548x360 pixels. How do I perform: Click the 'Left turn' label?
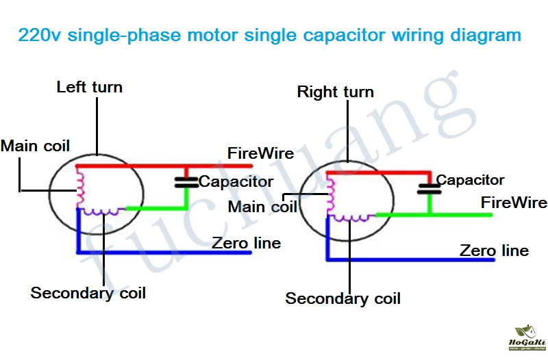89,87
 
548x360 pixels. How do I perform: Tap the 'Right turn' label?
335,92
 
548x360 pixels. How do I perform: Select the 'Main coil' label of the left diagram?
35,146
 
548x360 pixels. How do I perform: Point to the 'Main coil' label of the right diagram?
262,206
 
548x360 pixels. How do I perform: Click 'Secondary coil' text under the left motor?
88,293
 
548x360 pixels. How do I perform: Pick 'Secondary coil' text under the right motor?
342,298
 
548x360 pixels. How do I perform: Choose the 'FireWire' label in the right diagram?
514,203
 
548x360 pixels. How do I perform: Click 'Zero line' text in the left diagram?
246,243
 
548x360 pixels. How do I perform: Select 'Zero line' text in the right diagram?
494,250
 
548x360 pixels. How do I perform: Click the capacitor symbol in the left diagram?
186,181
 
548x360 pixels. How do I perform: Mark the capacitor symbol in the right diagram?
429,188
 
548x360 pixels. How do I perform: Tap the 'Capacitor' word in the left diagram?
236,182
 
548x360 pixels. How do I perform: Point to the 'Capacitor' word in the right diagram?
470,180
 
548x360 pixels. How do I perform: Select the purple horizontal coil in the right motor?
353,217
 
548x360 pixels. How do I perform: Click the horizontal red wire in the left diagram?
164,166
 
